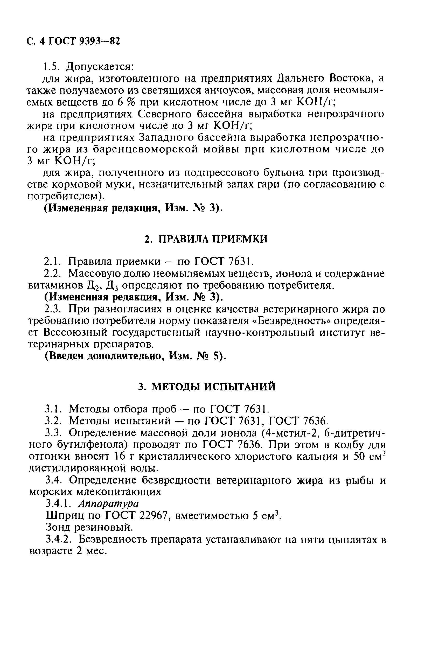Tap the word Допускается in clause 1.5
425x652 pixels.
click(x=100, y=67)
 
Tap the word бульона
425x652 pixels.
click(x=277, y=173)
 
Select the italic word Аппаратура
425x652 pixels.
click(x=108, y=503)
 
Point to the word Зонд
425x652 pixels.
click(x=58, y=527)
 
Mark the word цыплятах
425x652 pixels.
click(x=348, y=540)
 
